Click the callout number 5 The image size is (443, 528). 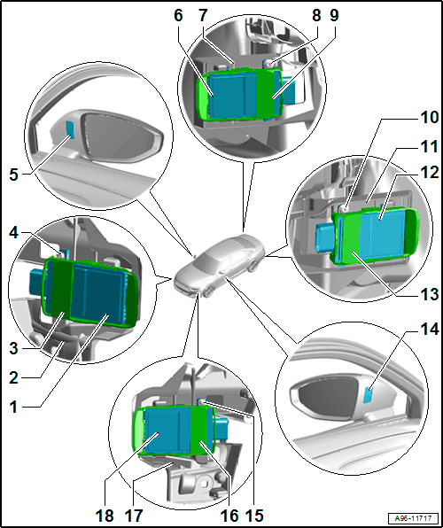14,175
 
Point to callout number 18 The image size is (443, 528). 105,516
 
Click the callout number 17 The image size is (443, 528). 134,516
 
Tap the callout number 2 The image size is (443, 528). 14,378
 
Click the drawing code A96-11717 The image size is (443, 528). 414,517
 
